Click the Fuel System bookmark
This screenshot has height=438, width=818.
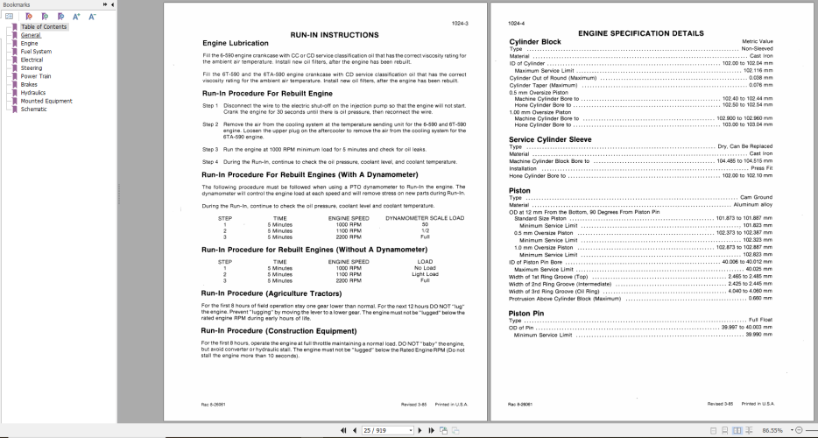(x=36, y=51)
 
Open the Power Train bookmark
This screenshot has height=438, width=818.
(x=36, y=75)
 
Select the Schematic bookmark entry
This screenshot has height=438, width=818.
(x=34, y=109)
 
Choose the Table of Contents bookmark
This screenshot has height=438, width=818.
(x=44, y=26)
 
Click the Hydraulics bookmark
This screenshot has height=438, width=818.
(x=33, y=92)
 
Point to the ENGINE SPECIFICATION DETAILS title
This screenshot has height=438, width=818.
(x=640, y=33)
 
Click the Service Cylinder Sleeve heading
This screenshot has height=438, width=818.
(x=550, y=139)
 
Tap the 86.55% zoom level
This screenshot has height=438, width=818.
(x=773, y=430)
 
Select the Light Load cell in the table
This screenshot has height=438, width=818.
(x=425, y=273)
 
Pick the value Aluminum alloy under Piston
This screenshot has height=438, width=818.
(x=752, y=204)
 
